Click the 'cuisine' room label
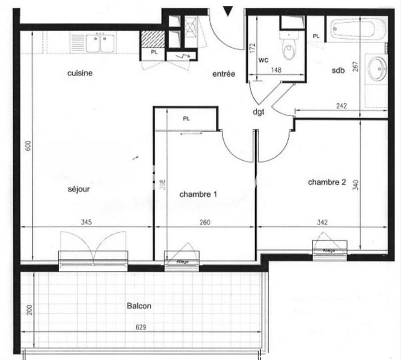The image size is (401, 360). tap(80, 73)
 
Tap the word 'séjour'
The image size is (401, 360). tap(79, 190)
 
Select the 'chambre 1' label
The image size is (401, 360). tap(198, 194)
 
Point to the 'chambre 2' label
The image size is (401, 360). tap(327, 182)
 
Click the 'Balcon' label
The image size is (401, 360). tap(139, 306)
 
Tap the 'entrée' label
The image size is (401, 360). tap(224, 74)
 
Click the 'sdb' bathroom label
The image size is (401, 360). tap(338, 71)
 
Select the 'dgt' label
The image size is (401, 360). tap(259, 112)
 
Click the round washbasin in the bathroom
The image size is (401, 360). tap(376, 68)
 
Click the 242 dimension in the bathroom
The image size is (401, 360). tap(341, 105)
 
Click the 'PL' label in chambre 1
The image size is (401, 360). tap(186, 119)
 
